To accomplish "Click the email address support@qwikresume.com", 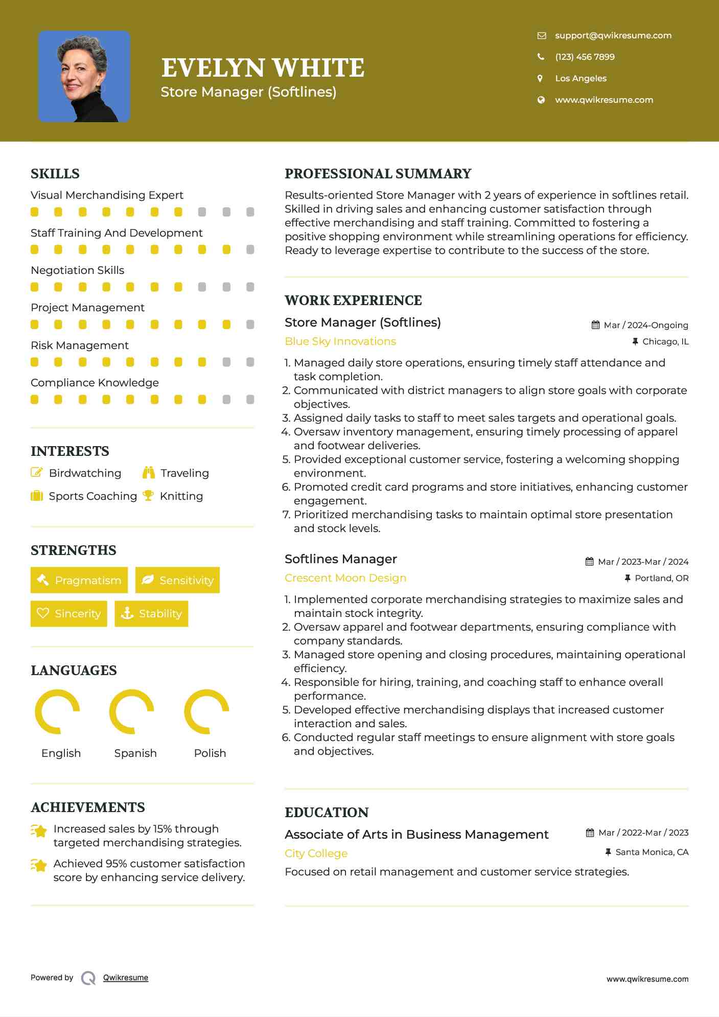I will coord(613,35).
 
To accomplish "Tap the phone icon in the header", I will coord(541,57).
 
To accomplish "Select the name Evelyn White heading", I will coord(263,68).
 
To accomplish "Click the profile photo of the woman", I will coord(84,76).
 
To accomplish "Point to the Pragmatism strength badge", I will coord(79,580).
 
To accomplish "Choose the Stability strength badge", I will coord(151,613).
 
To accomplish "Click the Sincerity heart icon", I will coord(43,613).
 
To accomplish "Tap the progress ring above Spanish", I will coord(132,712).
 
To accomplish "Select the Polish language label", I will coord(210,753).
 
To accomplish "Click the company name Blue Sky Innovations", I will coord(340,341).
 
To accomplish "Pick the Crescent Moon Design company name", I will coord(345,578).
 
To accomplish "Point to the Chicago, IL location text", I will coord(665,341).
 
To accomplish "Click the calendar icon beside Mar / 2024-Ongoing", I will coord(595,325).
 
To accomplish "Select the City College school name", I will coord(316,853).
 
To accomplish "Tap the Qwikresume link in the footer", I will coord(126,978).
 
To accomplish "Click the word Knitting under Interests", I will coord(181,496).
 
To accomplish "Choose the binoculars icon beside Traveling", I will coord(149,473).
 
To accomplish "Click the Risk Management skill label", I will coord(80,345).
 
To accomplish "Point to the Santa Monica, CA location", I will coord(652,852).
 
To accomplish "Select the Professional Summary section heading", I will coord(378,174).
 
